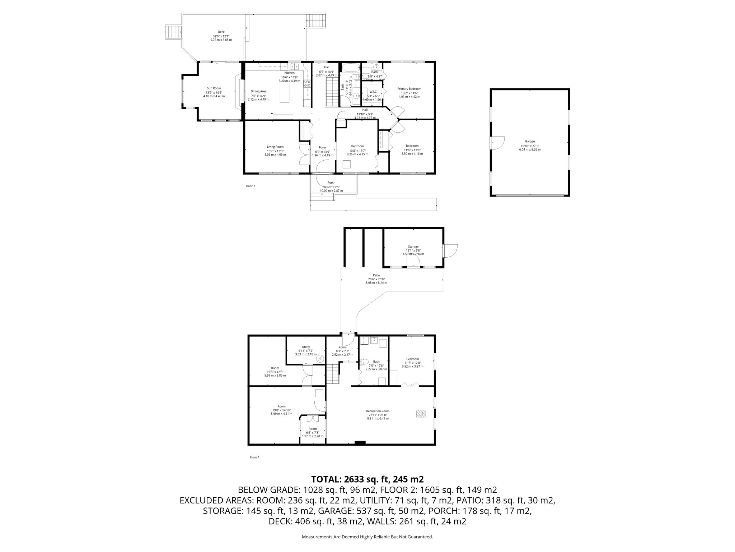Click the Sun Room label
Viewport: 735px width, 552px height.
coord(214,88)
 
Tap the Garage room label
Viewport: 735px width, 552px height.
coord(530,141)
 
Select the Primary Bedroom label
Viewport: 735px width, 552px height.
coord(409,88)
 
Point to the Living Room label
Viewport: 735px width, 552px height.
coord(275,147)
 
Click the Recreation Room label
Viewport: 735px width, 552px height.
coord(378,411)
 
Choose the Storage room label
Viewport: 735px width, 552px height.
coord(413,247)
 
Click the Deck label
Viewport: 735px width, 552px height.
coord(221,32)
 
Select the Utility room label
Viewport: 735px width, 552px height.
coord(306,347)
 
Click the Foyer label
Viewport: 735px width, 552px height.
coord(323,147)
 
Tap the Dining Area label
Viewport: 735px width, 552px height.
coord(258,91)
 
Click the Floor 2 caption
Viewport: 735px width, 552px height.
coord(250,186)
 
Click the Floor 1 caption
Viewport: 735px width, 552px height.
coord(254,457)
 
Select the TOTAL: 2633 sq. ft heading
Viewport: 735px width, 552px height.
coord(367,479)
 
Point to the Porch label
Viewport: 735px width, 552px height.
coord(331,183)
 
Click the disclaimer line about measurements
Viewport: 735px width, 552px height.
coord(367,537)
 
